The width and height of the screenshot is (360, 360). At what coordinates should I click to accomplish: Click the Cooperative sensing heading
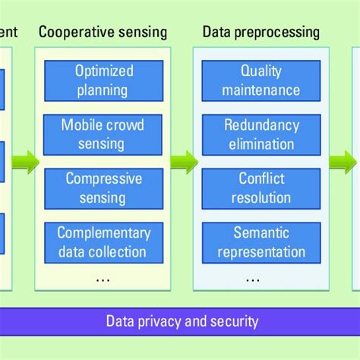click(103, 33)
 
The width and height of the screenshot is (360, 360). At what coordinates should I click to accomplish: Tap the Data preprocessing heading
click(261, 33)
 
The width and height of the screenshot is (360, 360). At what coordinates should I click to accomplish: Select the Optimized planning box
click(103, 81)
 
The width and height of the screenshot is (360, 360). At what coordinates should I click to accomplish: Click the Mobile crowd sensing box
click(103, 134)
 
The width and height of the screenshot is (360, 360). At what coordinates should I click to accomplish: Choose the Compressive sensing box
click(103, 188)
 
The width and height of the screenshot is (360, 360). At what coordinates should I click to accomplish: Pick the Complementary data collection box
click(103, 242)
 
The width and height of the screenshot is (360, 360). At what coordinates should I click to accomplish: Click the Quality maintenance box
click(261, 81)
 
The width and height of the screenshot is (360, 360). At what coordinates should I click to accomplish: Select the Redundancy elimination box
click(261, 134)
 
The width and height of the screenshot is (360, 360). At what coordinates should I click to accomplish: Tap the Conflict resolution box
click(261, 188)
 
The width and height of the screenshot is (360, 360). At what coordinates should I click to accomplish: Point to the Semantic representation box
click(261, 242)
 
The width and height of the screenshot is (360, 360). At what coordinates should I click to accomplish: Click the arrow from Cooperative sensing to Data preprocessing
click(182, 161)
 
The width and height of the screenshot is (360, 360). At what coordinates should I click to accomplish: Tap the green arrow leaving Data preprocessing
click(342, 161)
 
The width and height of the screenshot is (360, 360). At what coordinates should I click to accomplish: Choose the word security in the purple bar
click(234, 321)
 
